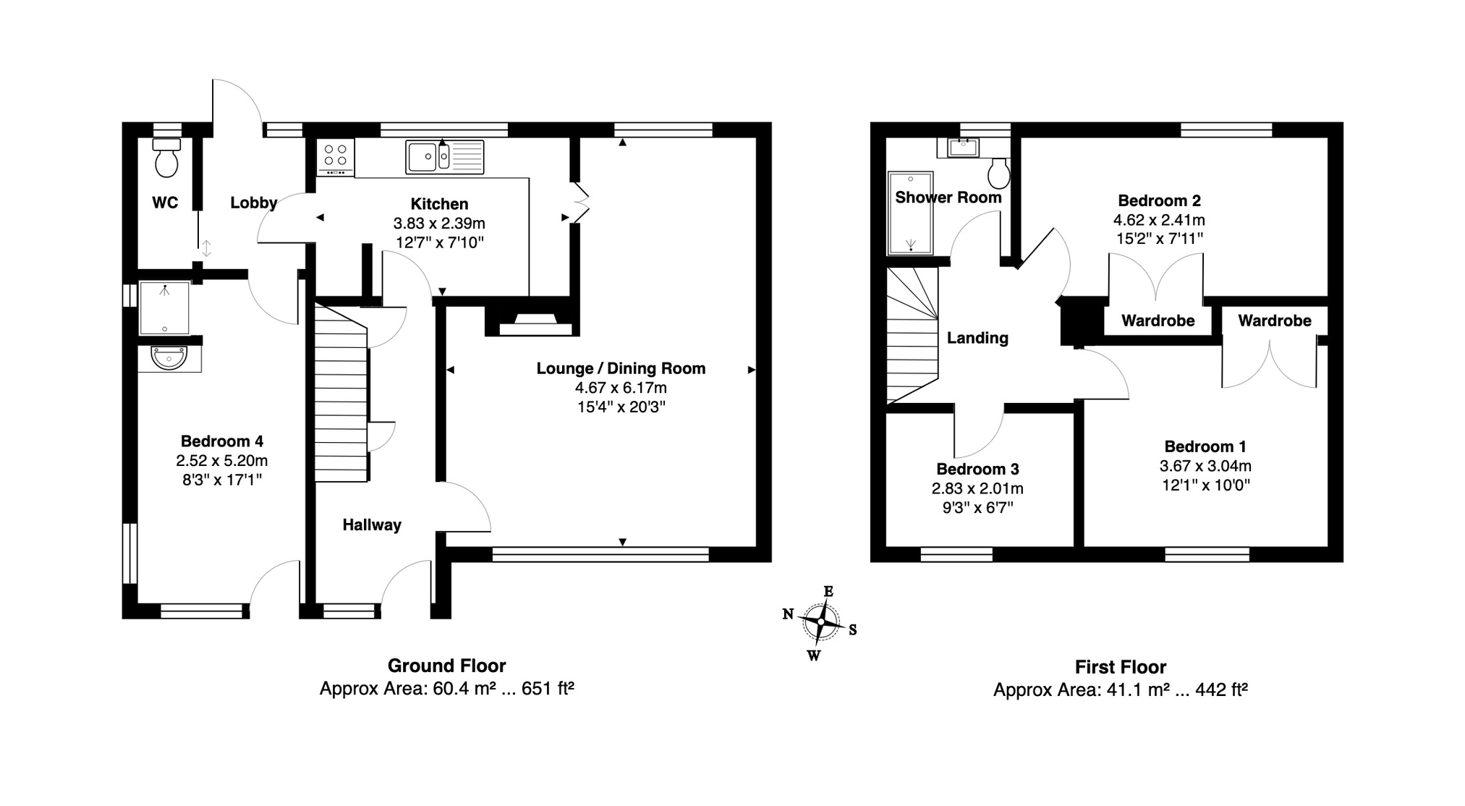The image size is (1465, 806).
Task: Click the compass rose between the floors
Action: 821,622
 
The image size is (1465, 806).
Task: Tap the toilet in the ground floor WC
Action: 166,158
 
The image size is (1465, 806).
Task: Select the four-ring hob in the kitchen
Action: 336,157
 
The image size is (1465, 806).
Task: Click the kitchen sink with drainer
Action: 444,157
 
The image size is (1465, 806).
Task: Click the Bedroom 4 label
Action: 222,441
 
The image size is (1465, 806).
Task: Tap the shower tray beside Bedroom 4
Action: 164,308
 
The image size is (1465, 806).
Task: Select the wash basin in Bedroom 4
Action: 169,357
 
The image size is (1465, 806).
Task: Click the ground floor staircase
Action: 341,393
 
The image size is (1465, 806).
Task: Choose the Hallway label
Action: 372,525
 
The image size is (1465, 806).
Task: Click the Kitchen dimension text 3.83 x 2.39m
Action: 439,224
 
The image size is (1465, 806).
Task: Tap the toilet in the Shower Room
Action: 999,172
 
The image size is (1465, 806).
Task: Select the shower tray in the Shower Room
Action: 911,213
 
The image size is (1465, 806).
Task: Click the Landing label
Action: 977,338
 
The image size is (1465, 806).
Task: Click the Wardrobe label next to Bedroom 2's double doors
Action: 1158,321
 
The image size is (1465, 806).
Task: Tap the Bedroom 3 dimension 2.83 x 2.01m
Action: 977,489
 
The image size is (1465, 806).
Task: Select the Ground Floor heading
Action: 447,666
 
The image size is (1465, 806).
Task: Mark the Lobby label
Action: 254,203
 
